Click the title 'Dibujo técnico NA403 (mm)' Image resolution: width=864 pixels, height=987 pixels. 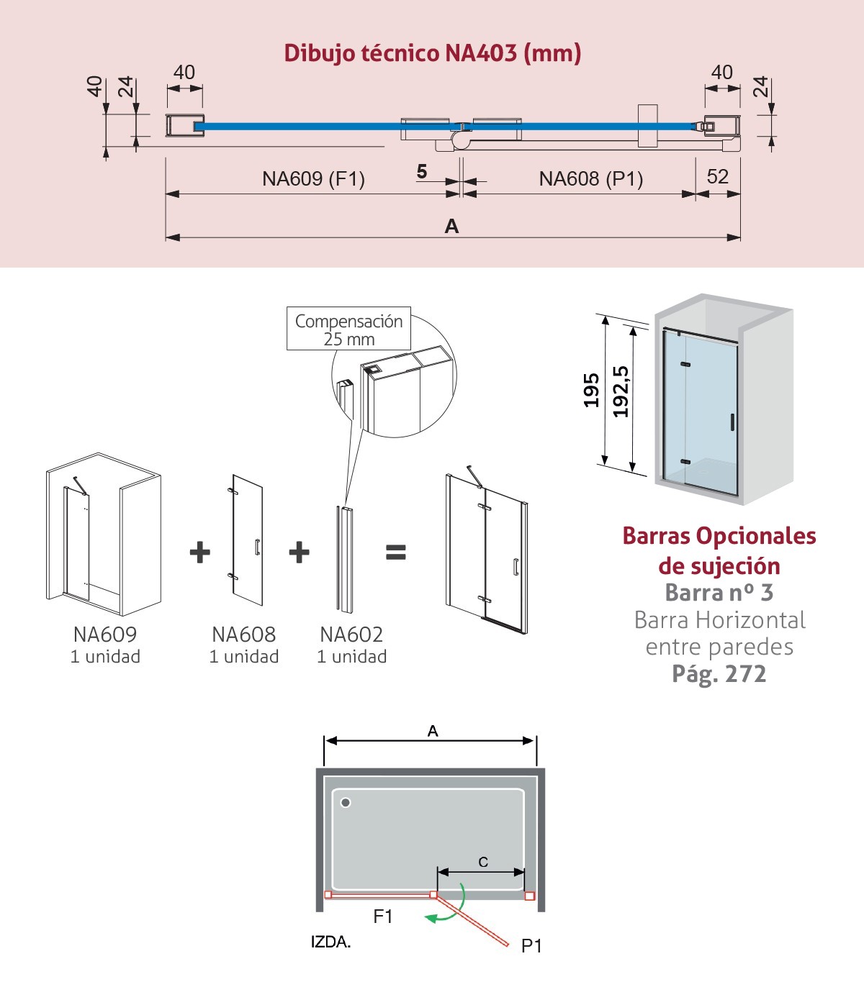433,53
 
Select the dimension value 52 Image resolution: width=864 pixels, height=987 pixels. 717,176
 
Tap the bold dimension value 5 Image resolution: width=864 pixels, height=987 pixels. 422,171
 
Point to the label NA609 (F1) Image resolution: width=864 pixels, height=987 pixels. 313,179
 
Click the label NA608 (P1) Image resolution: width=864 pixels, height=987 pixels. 591,179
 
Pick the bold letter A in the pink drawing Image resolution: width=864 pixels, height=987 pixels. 451,226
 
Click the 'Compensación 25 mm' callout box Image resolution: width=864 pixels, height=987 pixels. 348,328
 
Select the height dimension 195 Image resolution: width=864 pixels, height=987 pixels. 591,391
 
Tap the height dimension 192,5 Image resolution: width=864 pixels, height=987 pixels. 621,392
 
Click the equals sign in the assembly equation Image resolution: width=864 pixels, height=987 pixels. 396,552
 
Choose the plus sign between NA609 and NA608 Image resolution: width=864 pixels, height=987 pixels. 200,552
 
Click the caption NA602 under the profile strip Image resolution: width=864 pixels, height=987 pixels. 351,634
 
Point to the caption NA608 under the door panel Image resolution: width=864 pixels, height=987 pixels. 244,634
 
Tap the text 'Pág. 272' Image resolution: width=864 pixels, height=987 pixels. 719,675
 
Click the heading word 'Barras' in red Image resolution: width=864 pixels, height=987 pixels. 655,536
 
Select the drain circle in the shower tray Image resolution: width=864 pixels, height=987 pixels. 346,802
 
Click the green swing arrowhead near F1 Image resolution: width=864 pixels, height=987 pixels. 430,918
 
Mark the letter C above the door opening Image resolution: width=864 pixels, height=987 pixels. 483,862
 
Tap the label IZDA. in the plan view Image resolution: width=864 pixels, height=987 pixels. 330,942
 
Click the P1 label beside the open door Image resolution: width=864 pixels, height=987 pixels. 531,946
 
